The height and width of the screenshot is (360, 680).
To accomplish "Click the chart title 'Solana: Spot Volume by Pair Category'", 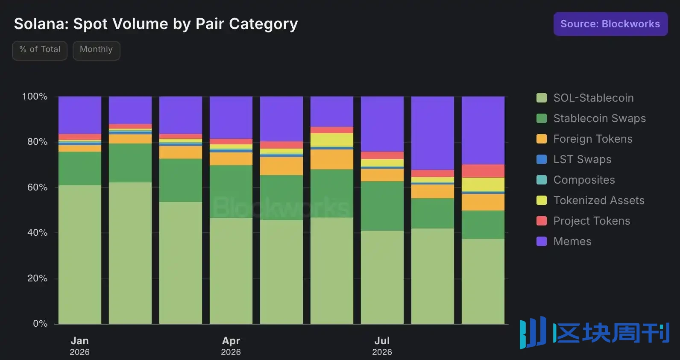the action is (156, 24).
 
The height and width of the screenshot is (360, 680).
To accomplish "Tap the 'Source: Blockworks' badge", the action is (610, 24).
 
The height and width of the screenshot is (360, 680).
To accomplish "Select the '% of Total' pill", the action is (40, 50).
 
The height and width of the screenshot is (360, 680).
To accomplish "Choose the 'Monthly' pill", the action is (96, 50).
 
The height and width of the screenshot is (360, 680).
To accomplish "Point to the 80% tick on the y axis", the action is (37, 142).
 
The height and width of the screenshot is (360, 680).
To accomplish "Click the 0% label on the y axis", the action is (40, 324).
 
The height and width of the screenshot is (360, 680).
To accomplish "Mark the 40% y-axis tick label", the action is (37, 233).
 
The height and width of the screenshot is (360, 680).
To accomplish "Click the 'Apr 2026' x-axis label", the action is (231, 346).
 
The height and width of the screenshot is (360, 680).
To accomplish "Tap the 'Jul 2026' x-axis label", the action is (382, 346).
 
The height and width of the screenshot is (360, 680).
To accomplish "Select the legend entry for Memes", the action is (564, 241).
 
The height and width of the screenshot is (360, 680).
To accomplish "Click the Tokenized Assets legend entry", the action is (590, 200).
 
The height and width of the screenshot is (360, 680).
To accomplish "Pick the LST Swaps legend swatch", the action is (542, 159).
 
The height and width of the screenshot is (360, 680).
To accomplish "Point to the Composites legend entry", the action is (576, 180).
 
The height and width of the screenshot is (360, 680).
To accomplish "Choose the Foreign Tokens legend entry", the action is (584, 139).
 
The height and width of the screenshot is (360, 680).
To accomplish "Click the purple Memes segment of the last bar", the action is (483, 131).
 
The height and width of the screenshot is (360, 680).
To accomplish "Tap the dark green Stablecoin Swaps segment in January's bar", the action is (80, 168).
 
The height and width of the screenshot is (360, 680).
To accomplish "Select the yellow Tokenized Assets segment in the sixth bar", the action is (332, 140).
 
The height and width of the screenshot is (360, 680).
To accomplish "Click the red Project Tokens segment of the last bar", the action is (483, 171).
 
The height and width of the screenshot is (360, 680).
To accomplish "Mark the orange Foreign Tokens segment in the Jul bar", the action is (382, 175).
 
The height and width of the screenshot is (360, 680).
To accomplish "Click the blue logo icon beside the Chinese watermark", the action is (533, 332).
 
